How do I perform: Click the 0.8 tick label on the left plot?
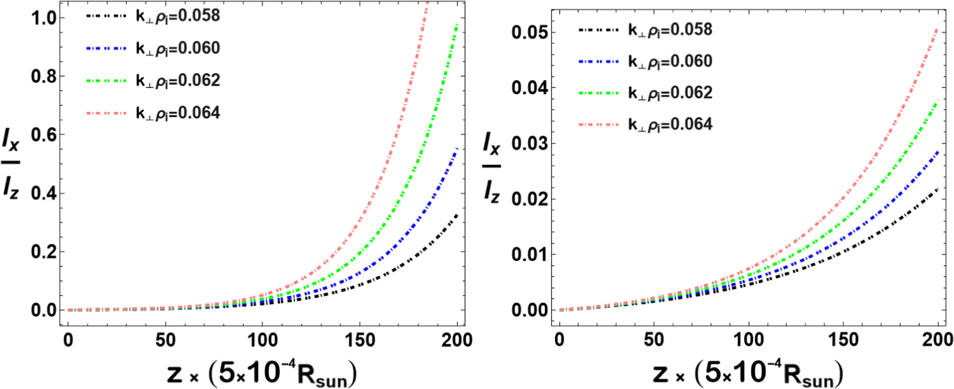[x=43, y=76]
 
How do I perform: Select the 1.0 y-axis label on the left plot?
[x=43, y=18]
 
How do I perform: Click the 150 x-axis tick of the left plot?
[x=359, y=340]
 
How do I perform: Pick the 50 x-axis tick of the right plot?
[x=654, y=340]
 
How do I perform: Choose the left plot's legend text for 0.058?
[x=178, y=16]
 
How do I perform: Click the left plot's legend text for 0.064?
[x=178, y=113]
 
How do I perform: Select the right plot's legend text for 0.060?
[x=670, y=61]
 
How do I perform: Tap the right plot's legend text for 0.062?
[x=670, y=92]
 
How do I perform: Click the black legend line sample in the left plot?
[x=106, y=16]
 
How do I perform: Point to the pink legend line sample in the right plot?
[x=598, y=124]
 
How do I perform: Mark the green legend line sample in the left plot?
[x=106, y=80]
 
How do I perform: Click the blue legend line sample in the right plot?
[x=598, y=61]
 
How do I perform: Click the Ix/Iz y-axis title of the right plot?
[x=492, y=167]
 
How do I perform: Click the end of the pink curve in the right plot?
[x=938, y=29]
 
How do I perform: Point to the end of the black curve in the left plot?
[x=457, y=214]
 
